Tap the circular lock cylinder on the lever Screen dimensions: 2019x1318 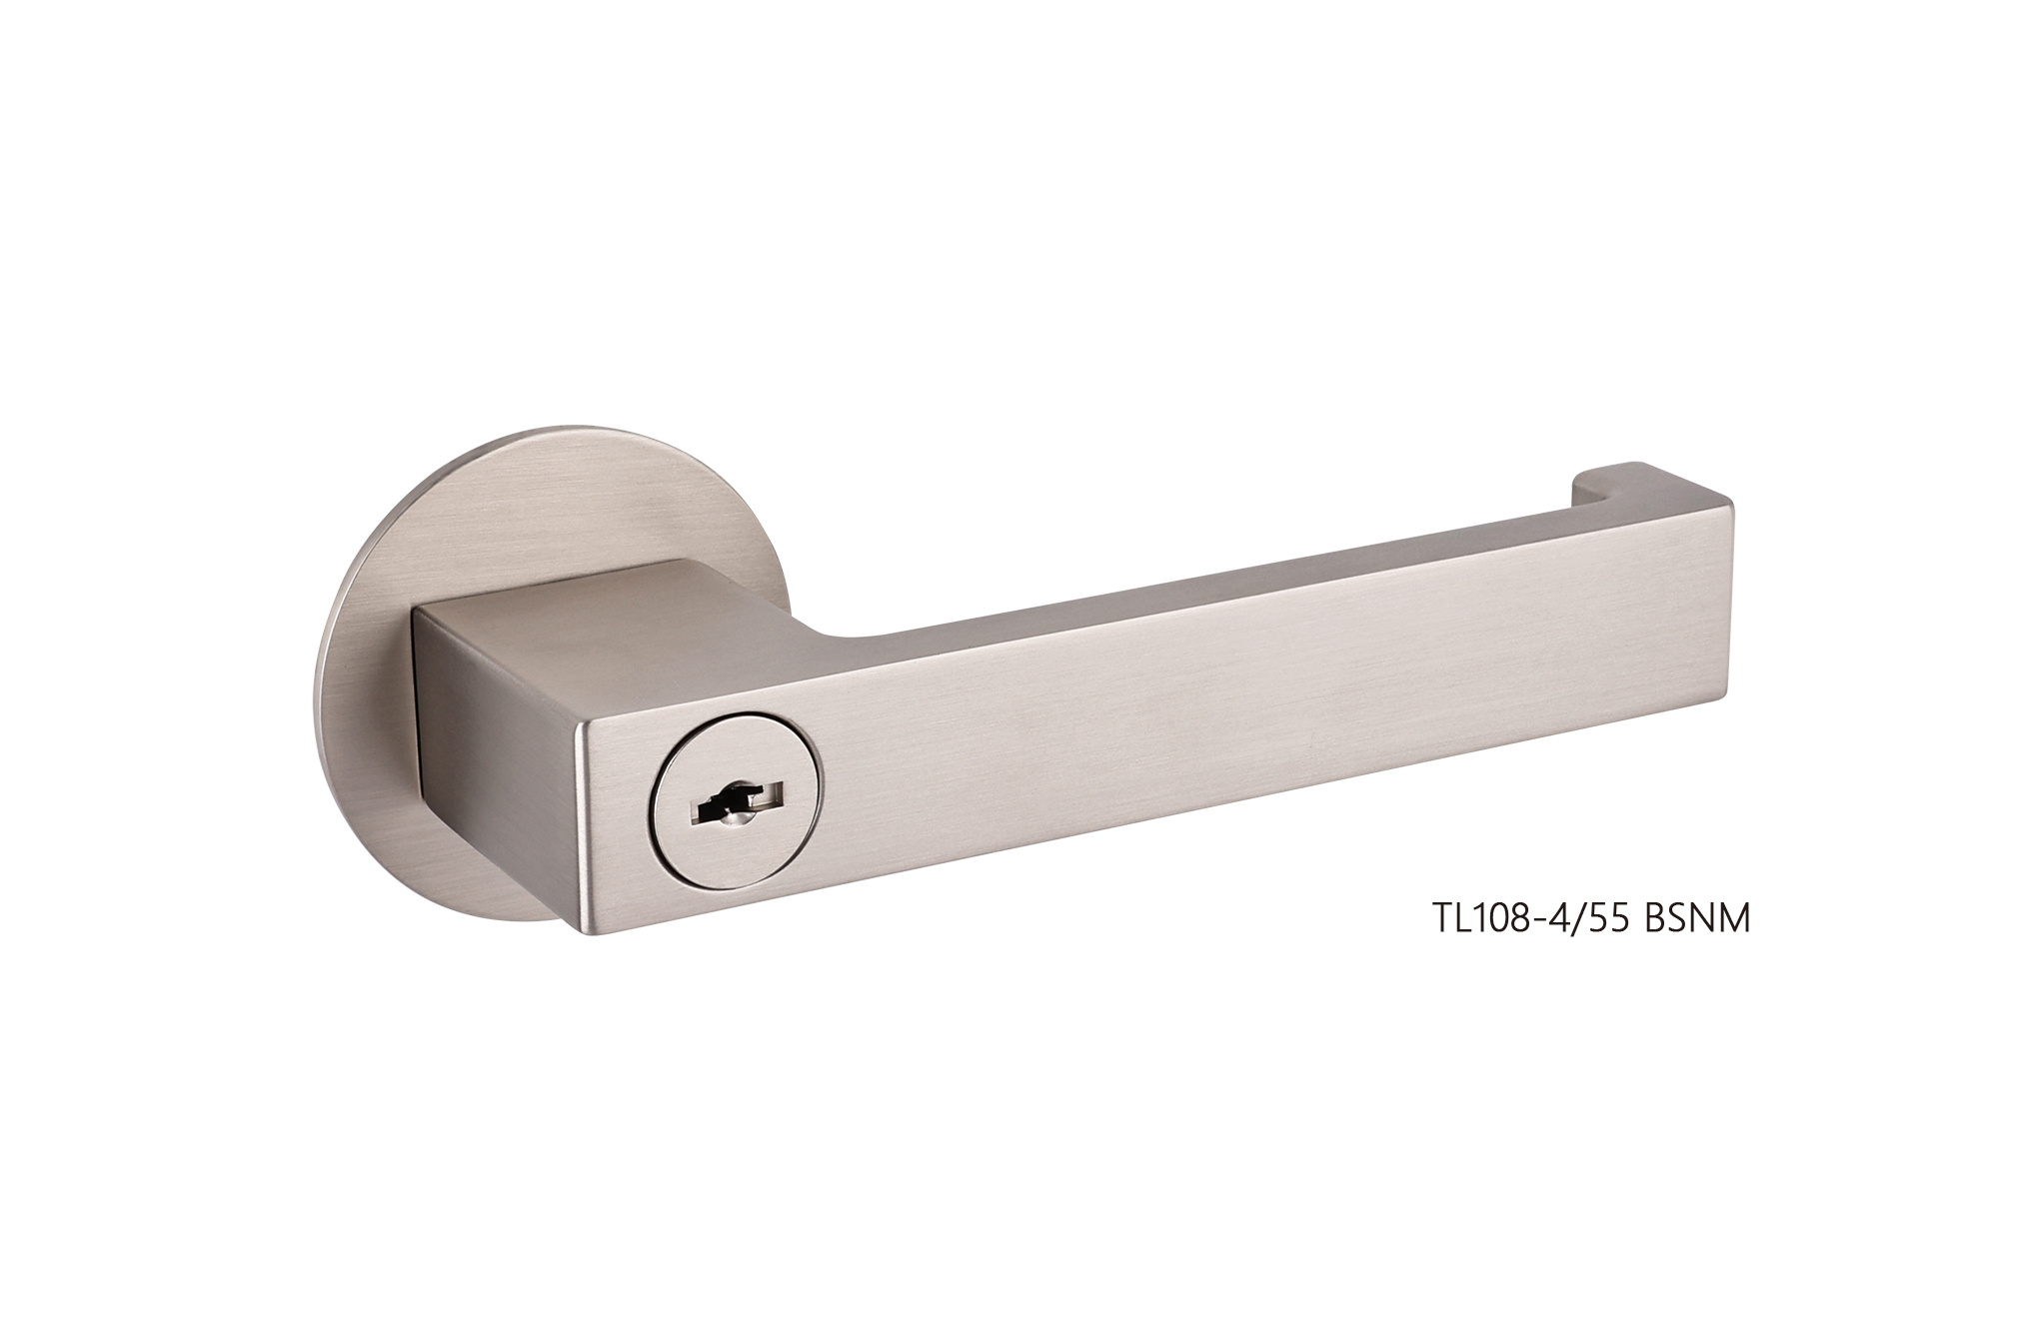[737, 799]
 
